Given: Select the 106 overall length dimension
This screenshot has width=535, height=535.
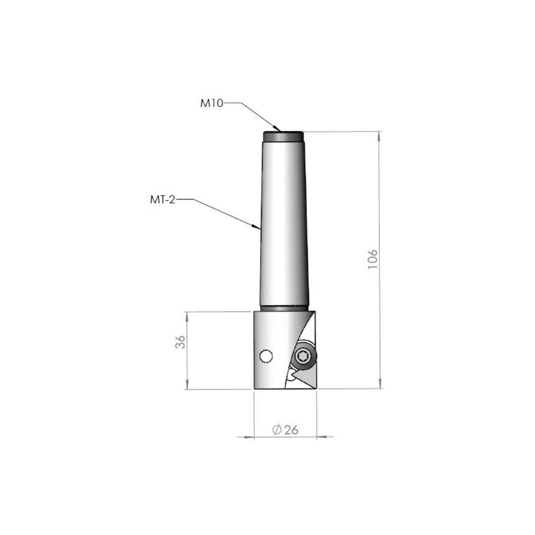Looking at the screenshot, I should [372, 259].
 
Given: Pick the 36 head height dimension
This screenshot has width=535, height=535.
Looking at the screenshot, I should [179, 342].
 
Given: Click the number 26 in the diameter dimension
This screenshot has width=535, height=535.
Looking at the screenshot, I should [290, 429].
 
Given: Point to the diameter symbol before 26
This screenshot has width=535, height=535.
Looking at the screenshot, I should [278, 429].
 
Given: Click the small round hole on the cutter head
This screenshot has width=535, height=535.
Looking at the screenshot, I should [267, 356].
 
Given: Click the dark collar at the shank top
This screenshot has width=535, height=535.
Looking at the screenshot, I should [284, 136].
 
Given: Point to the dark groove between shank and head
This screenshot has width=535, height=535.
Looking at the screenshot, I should [284, 308].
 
